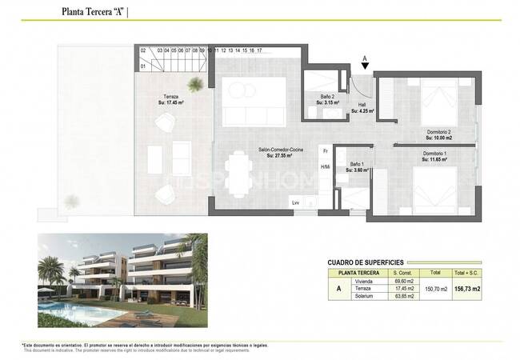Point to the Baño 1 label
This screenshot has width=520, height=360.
tap(358, 166)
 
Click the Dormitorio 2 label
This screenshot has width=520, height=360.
tap(438, 135)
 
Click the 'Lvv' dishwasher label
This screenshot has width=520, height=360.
tap(295, 202)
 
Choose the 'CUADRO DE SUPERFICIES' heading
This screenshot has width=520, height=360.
tap(365, 262)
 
